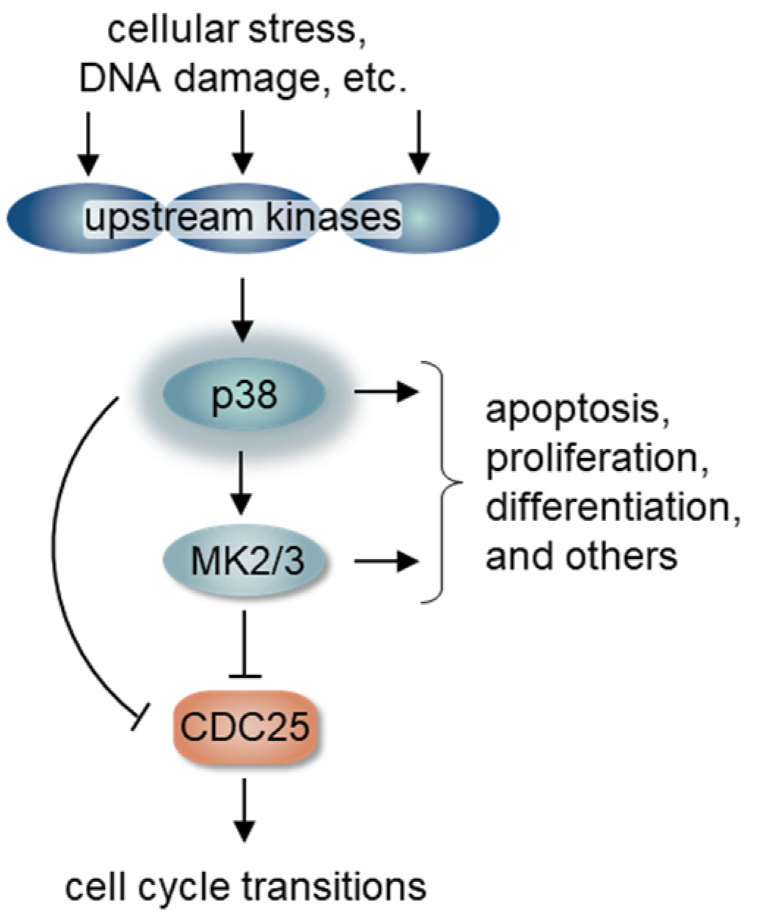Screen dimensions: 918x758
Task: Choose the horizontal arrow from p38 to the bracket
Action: pyautogui.click(x=385, y=393)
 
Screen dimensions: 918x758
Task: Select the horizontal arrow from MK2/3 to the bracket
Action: pyautogui.click(x=385, y=563)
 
